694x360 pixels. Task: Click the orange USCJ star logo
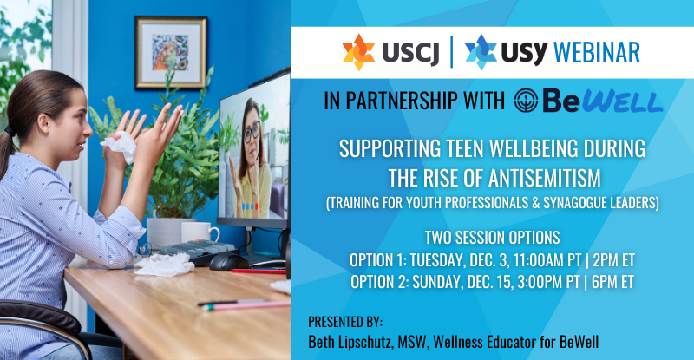point(358,52)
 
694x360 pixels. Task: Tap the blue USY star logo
point(481,52)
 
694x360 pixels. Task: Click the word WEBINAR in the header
point(597,53)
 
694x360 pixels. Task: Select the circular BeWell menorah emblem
point(526,101)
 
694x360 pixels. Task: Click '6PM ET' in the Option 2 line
point(613,282)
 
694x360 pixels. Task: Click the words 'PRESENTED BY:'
point(345,322)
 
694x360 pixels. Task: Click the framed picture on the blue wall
point(171,53)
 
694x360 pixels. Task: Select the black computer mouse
point(229,261)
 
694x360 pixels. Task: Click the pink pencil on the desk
point(249,305)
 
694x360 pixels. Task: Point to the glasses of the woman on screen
point(252,132)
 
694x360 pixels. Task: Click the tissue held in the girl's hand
point(119,146)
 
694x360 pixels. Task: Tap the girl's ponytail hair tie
point(9,132)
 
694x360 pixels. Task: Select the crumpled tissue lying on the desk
point(164,265)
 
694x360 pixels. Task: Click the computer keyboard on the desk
point(198,249)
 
